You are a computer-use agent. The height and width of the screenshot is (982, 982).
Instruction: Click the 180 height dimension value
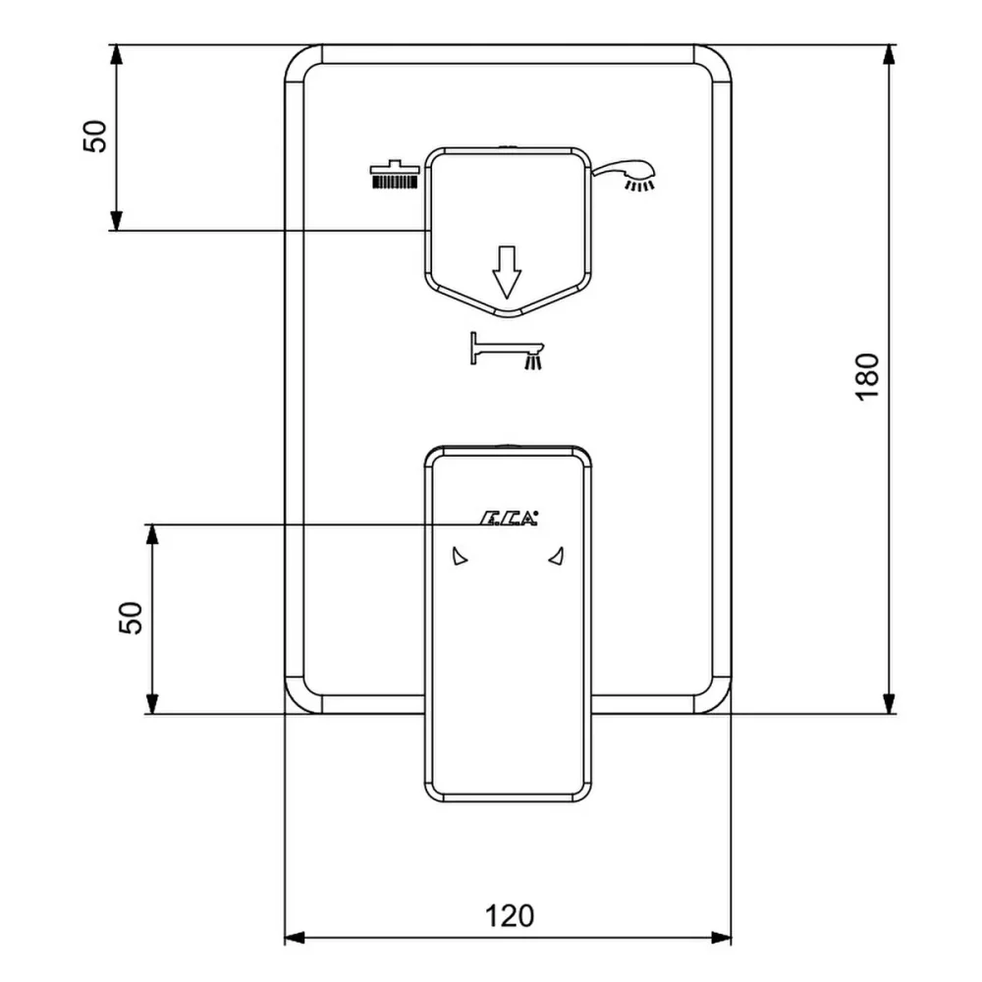(865, 375)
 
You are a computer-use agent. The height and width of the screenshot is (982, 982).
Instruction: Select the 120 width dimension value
(510, 915)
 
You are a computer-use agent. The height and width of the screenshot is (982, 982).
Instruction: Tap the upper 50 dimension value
(94, 136)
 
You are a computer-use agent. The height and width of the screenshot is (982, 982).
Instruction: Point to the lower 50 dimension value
(131, 618)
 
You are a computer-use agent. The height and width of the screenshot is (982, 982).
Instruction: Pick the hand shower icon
(627, 176)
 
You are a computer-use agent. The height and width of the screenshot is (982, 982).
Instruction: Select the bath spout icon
(507, 351)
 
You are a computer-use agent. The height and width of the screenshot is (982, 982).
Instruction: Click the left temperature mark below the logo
(460, 558)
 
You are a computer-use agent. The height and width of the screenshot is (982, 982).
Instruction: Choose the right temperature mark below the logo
(556, 558)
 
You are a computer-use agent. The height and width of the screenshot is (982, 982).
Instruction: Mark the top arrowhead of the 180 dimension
(889, 55)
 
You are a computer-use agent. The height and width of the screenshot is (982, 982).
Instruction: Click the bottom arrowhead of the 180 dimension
(889, 703)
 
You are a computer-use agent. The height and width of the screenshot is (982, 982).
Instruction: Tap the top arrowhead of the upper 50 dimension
(116, 55)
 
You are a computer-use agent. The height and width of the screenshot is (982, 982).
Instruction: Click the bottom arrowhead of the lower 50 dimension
(151, 703)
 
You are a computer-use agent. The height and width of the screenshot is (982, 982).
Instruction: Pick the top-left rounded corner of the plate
(300, 61)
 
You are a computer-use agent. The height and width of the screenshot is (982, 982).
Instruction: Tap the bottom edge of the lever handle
(508, 797)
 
